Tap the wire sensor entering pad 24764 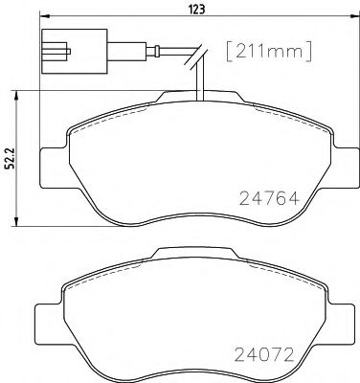(x=197, y=86)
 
